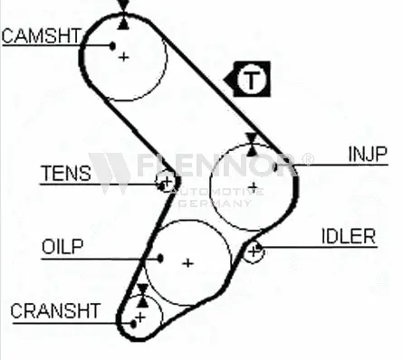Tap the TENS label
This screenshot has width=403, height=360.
(x=66, y=173)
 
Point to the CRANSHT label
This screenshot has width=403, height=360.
(x=55, y=310)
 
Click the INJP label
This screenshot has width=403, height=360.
(x=368, y=154)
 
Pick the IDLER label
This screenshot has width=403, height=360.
(x=348, y=236)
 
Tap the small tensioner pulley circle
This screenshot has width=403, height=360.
(x=165, y=184)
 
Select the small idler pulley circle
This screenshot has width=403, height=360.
(x=254, y=251)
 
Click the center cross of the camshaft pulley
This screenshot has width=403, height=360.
(x=125, y=57)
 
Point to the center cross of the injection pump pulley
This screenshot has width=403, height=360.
(x=254, y=187)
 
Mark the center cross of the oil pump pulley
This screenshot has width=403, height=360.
(x=187, y=263)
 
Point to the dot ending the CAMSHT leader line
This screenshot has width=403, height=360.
(x=111, y=45)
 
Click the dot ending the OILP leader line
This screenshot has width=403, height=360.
(x=160, y=257)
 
